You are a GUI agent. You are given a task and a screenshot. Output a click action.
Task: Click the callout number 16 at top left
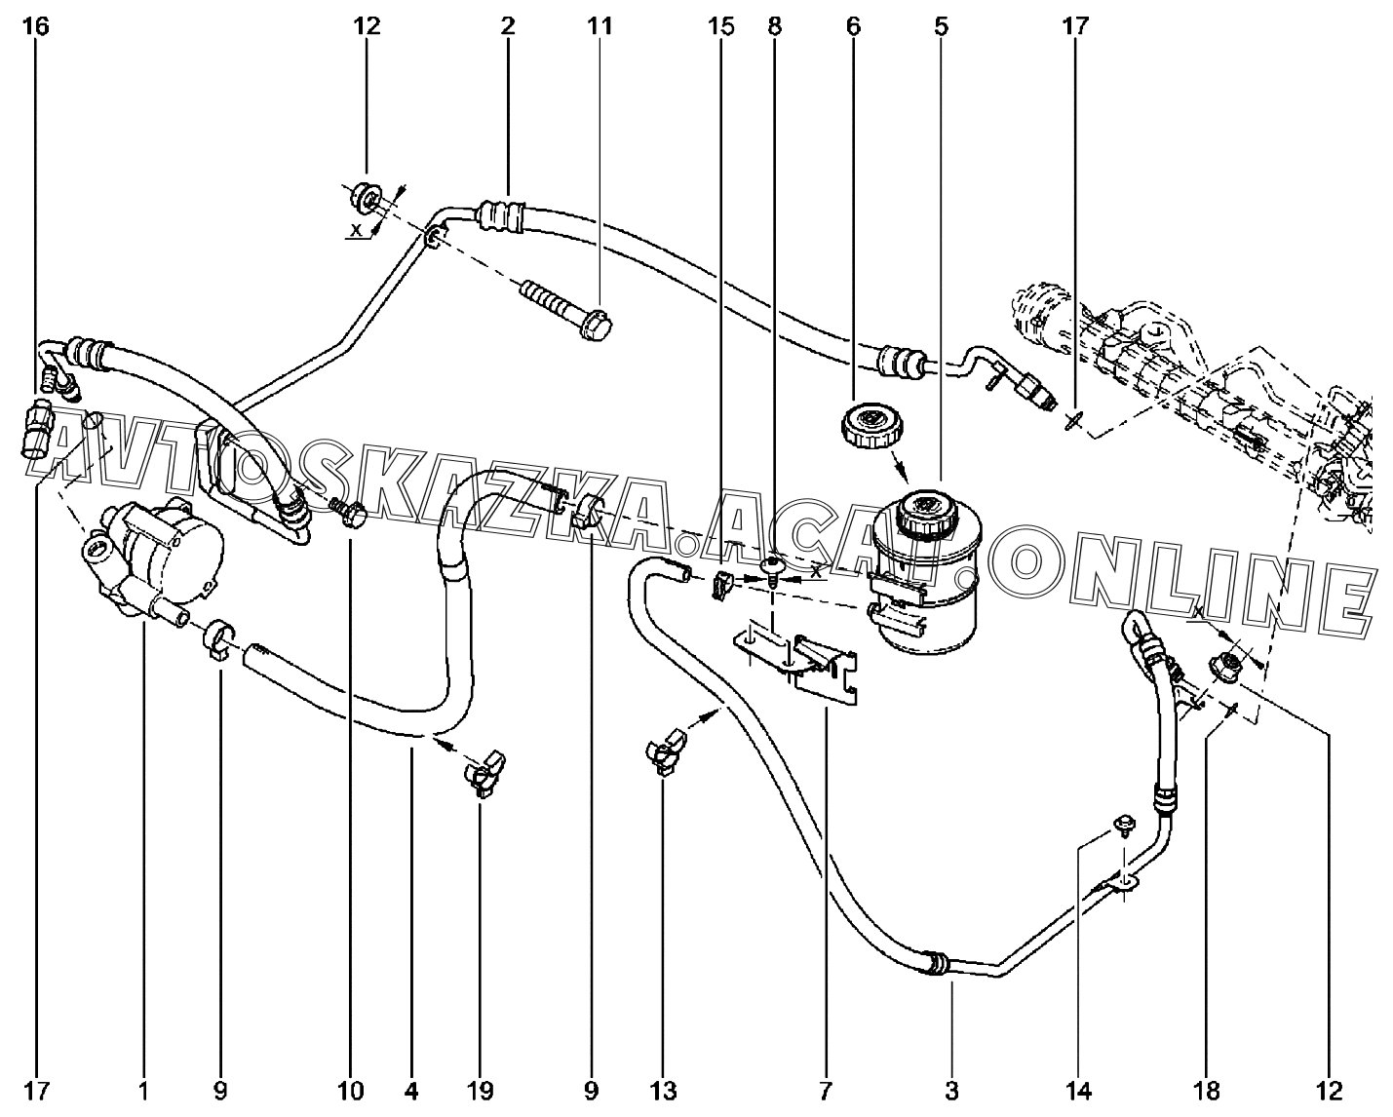[x=35, y=26]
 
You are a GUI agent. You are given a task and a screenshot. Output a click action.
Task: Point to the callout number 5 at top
[x=941, y=26]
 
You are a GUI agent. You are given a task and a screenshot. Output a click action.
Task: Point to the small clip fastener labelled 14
[x=1124, y=826]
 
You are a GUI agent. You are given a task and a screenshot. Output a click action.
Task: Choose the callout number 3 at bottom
[x=952, y=1090]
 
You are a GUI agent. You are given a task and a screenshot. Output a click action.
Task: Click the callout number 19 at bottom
[x=481, y=1090]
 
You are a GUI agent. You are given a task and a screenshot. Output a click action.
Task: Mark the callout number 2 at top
[x=508, y=26]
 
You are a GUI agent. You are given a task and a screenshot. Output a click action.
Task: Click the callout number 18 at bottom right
[x=1209, y=1090]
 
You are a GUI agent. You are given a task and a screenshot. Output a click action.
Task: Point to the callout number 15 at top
[x=721, y=26]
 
